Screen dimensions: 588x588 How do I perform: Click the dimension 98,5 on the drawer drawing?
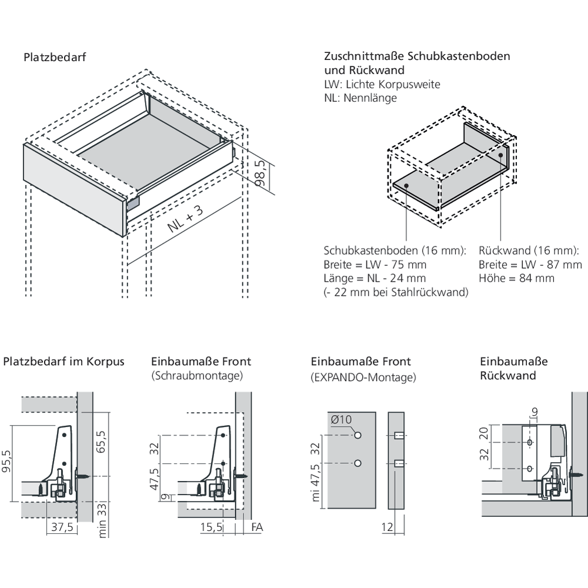[x=264, y=175]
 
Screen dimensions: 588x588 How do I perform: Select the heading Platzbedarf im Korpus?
[x=64, y=361]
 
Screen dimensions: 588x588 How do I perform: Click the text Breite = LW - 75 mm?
[x=375, y=265]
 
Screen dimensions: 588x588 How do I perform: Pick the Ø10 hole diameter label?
[x=341, y=420]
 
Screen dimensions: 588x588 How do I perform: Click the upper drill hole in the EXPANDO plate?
[x=358, y=436]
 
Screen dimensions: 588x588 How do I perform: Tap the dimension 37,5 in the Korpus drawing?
[x=61, y=527]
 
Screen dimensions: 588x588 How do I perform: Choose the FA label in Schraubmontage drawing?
[x=256, y=527]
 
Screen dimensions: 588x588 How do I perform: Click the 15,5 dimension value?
[x=211, y=527]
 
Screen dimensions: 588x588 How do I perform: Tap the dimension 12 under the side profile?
[x=386, y=527]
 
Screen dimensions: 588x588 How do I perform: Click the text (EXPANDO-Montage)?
[x=363, y=377]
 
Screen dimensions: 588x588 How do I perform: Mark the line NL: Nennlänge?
[x=360, y=98]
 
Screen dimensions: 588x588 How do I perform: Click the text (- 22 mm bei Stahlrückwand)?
[x=396, y=292]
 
